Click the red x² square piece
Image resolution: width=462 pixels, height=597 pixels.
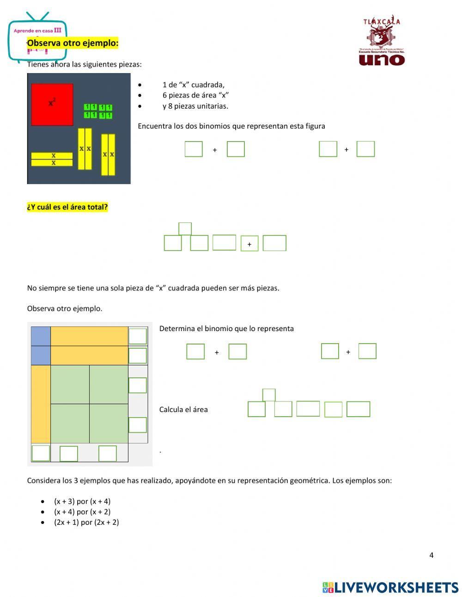pyautogui.click(x=52, y=105)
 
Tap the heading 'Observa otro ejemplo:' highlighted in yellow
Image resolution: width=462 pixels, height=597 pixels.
pyautogui.click(x=73, y=43)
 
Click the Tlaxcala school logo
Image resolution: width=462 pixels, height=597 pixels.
pyautogui.click(x=382, y=40)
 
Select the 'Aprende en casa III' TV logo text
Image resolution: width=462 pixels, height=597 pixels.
pyautogui.click(x=37, y=31)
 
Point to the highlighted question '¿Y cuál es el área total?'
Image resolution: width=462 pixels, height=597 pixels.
pyautogui.click(x=67, y=207)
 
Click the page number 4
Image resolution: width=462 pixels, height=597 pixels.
pyautogui.click(x=432, y=555)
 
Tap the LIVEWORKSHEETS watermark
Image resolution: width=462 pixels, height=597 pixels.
pyautogui.click(x=391, y=587)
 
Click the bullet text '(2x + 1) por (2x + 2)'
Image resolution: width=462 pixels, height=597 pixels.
pyautogui.click(x=86, y=522)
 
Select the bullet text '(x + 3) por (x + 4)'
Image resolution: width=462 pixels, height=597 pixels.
pyautogui.click(x=82, y=501)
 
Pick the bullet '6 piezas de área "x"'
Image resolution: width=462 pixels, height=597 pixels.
pyautogui.click(x=196, y=95)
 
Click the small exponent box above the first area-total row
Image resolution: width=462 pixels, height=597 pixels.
pyautogui.click(x=185, y=228)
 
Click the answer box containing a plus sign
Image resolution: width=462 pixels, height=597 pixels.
pyautogui.click(x=249, y=244)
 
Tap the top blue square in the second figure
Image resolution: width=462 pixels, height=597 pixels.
pyautogui.click(x=41, y=336)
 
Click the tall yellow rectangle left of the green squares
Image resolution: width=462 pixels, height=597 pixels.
pyautogui.click(x=41, y=404)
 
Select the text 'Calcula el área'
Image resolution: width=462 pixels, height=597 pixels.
pyautogui.click(x=183, y=409)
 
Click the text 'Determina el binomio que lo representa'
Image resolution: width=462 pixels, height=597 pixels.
pyautogui.click(x=226, y=328)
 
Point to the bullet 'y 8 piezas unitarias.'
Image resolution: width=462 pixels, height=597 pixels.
pyautogui.click(x=195, y=106)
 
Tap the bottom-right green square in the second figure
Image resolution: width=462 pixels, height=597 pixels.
pyautogui.click(x=109, y=424)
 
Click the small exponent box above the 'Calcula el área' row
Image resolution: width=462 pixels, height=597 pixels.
pyautogui.click(x=269, y=395)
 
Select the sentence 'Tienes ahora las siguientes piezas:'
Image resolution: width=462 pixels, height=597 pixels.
pyautogui.click(x=85, y=64)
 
